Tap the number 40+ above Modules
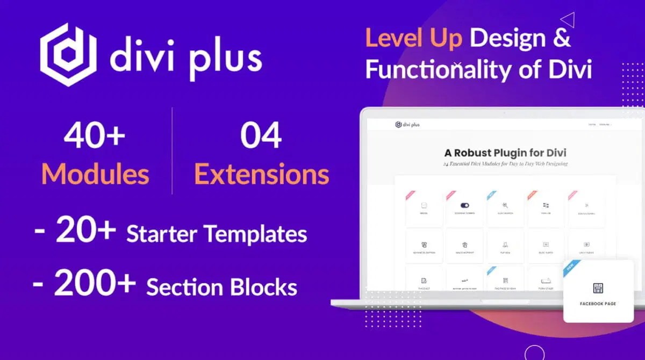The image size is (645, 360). pos(95,137)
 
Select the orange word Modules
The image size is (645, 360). pos(95,174)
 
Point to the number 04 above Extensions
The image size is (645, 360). pos(261,137)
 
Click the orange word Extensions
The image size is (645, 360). pos(261,174)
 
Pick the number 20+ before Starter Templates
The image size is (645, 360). pos(86,232)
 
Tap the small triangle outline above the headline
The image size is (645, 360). pos(568,20)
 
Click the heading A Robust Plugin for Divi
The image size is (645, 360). pos(505,153)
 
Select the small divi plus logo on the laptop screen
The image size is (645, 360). pos(407,125)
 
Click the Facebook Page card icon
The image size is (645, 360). pos(598,288)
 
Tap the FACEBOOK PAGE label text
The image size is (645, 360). pos(598,304)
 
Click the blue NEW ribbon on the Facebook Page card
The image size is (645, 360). pos(571,268)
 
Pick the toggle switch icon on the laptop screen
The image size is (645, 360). pos(465,205)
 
